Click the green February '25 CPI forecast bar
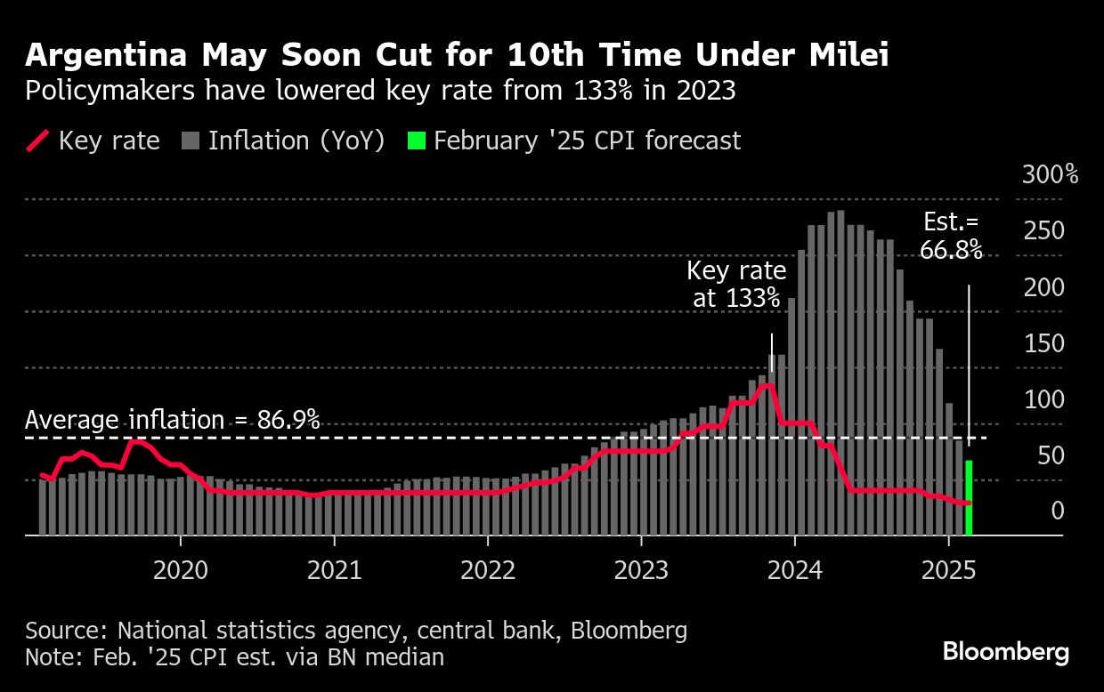coord(969,498)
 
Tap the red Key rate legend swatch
coord(37,141)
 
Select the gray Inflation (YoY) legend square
coord(190,141)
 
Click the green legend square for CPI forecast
coord(417,141)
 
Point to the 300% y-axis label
coord(1050,174)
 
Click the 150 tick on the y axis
coord(1043,343)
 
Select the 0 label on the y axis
coord(1057,511)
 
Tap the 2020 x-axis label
coord(180,570)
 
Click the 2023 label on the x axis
coord(641,570)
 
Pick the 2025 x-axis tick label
coord(948,570)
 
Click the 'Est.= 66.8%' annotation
coord(951,237)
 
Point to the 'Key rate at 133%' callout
coord(736,285)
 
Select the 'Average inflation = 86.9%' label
coord(173,420)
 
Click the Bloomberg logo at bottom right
coord(1006,652)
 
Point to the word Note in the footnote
coord(50,657)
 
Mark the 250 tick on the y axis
coord(1043,231)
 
